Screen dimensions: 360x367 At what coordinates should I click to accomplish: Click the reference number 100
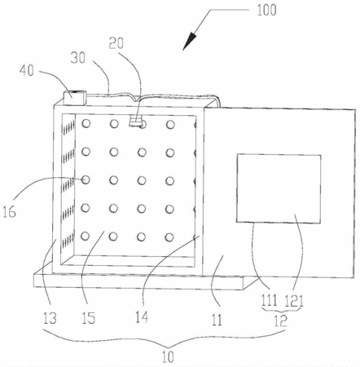pos(266,10)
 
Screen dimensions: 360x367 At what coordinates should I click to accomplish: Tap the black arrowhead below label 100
pos(189,42)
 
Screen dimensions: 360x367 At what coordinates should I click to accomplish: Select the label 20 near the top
pos(116,43)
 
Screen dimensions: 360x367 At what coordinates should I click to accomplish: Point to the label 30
pos(78,58)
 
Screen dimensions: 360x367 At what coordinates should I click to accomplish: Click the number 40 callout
pos(27,70)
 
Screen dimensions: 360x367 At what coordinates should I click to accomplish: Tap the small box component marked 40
pos(75,98)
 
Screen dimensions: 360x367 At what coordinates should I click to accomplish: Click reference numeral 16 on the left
pos(9,212)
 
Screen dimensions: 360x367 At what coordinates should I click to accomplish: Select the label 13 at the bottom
pos(50,318)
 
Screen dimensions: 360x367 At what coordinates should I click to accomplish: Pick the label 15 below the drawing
pos(89,318)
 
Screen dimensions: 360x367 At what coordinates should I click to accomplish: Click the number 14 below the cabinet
pos(142,317)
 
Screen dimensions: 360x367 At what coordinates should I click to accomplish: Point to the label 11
pos(217,320)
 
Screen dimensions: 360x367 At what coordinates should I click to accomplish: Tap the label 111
pos(270,300)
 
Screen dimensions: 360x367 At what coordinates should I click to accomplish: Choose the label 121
pos(294,301)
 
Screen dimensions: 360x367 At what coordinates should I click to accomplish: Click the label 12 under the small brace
pos(281,321)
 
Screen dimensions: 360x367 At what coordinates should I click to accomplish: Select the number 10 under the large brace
pos(168,357)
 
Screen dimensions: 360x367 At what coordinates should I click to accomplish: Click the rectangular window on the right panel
pos(279,189)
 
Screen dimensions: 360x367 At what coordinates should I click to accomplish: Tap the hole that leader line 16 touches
pos(86,179)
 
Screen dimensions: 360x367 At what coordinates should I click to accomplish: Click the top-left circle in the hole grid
pos(86,123)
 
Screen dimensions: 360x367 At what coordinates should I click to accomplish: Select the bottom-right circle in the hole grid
pos(169,237)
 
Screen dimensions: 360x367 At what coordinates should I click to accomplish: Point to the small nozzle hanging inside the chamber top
pos(135,122)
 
